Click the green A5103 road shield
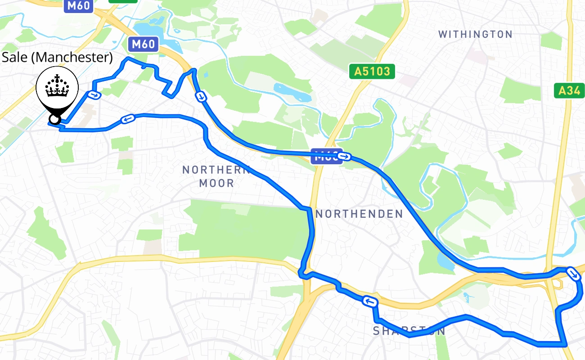(372, 71)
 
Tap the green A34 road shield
(569, 91)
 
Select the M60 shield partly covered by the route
(326, 156)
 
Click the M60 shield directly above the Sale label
(143, 44)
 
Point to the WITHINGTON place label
(475, 34)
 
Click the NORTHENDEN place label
(359, 214)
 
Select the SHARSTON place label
(409, 331)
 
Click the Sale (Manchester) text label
(57, 57)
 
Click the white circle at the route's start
(54, 119)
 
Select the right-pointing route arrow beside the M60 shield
(345, 157)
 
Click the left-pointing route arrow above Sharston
(369, 301)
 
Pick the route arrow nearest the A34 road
(573, 273)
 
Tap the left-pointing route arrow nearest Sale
(127, 119)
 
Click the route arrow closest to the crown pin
(94, 94)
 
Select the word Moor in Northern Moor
(216, 183)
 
